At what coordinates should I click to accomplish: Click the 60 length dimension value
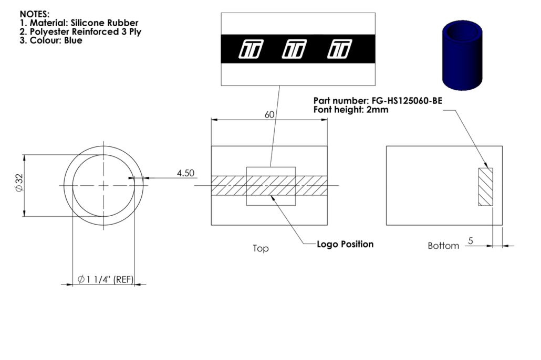[x=269, y=114]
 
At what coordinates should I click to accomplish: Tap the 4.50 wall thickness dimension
[x=185, y=173]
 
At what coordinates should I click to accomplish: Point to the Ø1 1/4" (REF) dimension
[x=105, y=279]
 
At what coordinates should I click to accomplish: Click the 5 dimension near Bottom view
[x=470, y=241]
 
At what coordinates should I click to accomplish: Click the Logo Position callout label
[x=345, y=244]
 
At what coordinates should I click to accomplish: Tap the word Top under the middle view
[x=261, y=248]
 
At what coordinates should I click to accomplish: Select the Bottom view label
[x=443, y=246]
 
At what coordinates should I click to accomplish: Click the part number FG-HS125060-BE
[x=407, y=101]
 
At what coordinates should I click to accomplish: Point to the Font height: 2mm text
[x=351, y=110]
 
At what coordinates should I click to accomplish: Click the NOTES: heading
[x=35, y=14]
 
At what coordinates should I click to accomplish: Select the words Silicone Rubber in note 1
[x=105, y=23]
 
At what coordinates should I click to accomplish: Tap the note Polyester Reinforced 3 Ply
[x=86, y=31]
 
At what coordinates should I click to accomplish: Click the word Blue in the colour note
[x=73, y=40]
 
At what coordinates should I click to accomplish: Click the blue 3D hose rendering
[x=462, y=55]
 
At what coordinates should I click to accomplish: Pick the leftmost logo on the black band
[x=251, y=49]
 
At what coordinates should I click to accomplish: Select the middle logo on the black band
[x=294, y=49]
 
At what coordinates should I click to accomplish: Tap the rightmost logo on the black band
[x=339, y=49]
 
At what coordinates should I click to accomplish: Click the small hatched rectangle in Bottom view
[x=485, y=187]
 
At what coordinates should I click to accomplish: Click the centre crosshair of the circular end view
[x=103, y=186]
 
